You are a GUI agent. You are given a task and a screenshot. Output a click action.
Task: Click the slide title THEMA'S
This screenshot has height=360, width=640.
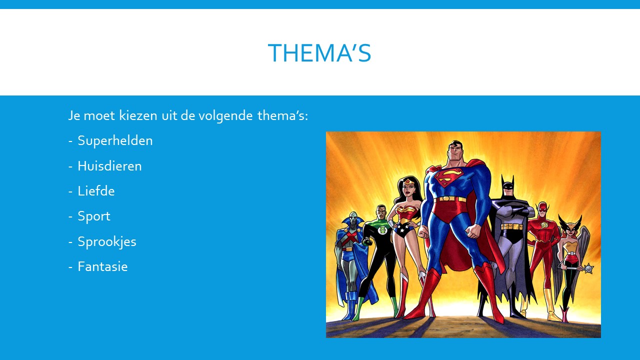coord(319,53)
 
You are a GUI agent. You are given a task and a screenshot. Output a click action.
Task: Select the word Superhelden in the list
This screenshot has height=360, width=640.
coord(115,140)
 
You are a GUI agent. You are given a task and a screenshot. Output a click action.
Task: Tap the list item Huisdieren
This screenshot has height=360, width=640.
coord(109,166)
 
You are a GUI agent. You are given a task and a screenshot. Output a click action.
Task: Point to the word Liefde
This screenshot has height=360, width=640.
coord(96,191)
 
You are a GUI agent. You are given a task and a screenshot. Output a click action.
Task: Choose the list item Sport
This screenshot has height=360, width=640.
coord(94,216)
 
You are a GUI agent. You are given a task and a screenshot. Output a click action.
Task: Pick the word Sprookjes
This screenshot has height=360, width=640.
coord(107,241)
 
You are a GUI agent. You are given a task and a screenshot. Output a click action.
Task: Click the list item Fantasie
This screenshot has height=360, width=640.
coord(103,266)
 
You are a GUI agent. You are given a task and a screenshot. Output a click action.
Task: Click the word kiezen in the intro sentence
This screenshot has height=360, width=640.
coord(138,115)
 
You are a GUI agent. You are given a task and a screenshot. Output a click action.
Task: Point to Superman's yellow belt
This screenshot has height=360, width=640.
coord(450,199)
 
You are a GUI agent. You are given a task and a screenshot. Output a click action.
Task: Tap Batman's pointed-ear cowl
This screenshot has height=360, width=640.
coord(507,185)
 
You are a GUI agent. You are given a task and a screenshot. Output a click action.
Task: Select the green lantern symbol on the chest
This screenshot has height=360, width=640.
coord(381,230)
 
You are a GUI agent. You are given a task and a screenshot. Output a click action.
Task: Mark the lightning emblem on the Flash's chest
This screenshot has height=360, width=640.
coord(544,225)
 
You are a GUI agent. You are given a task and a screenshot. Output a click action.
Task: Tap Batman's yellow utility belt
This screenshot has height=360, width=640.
coord(512,226)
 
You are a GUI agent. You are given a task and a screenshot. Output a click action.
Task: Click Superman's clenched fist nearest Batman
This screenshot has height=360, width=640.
coord(473,230)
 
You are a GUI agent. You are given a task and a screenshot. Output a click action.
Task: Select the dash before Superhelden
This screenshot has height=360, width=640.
coord(70,141)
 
